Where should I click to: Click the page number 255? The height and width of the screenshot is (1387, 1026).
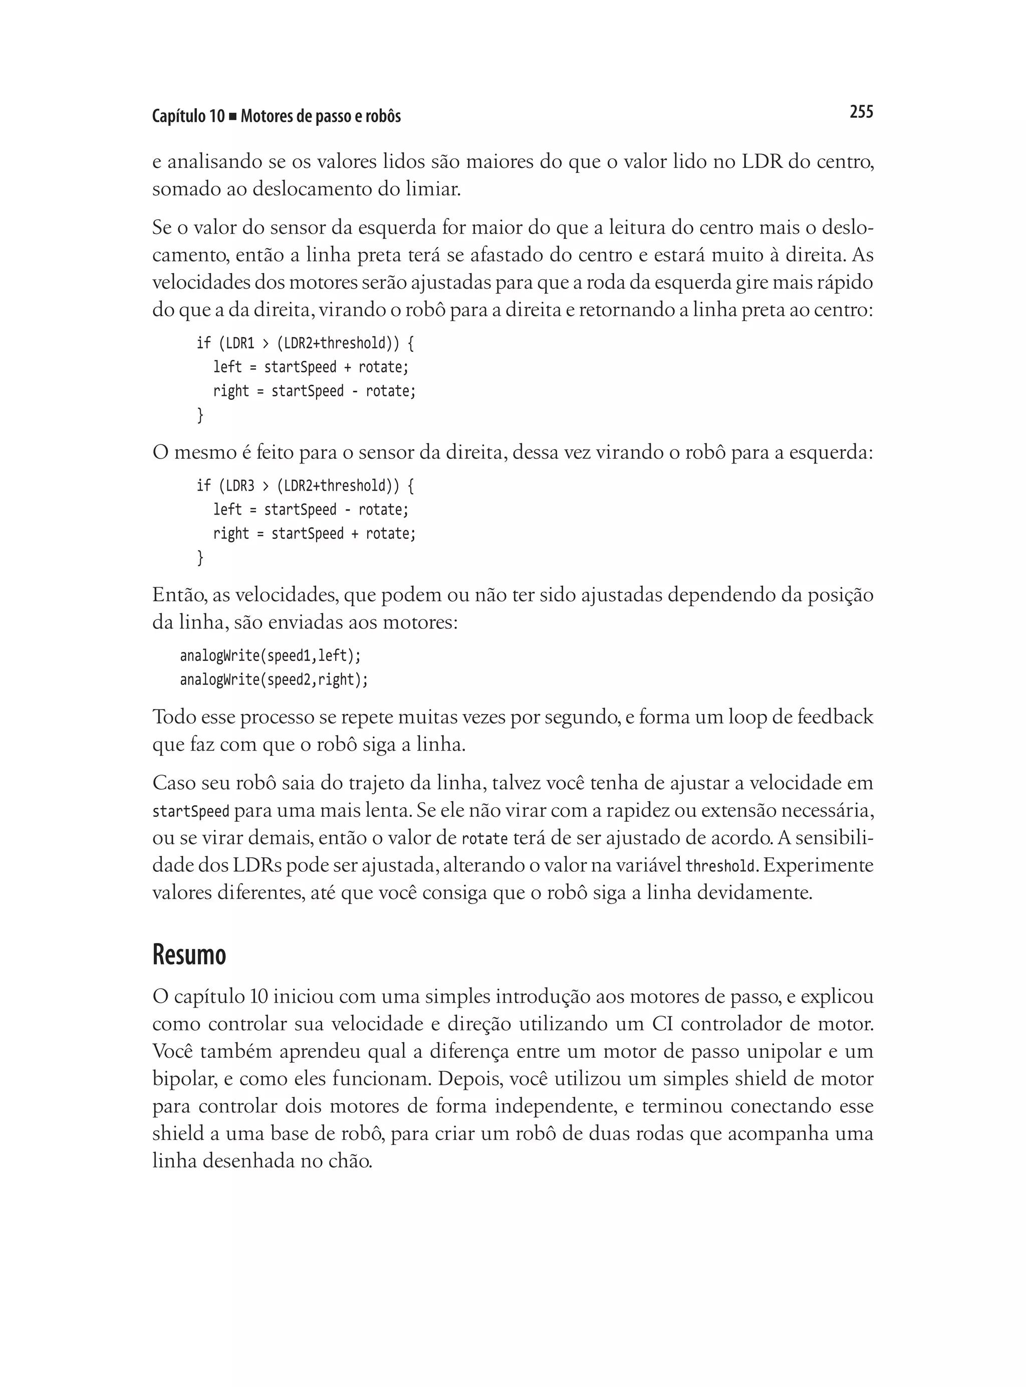coord(861,112)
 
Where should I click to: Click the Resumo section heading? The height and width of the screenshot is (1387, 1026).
coord(189,954)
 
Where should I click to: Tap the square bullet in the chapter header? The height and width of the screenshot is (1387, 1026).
coord(232,117)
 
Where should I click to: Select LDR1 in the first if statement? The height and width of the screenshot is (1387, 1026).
coord(240,343)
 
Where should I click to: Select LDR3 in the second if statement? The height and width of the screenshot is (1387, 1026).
coord(240,485)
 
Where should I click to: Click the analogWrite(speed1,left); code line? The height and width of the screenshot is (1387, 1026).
coord(270,655)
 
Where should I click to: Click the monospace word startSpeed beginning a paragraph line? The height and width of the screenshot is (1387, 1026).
coord(191,811)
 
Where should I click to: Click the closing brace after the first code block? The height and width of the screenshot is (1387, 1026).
coord(200,415)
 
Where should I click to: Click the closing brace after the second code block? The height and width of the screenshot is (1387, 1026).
coord(200,558)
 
